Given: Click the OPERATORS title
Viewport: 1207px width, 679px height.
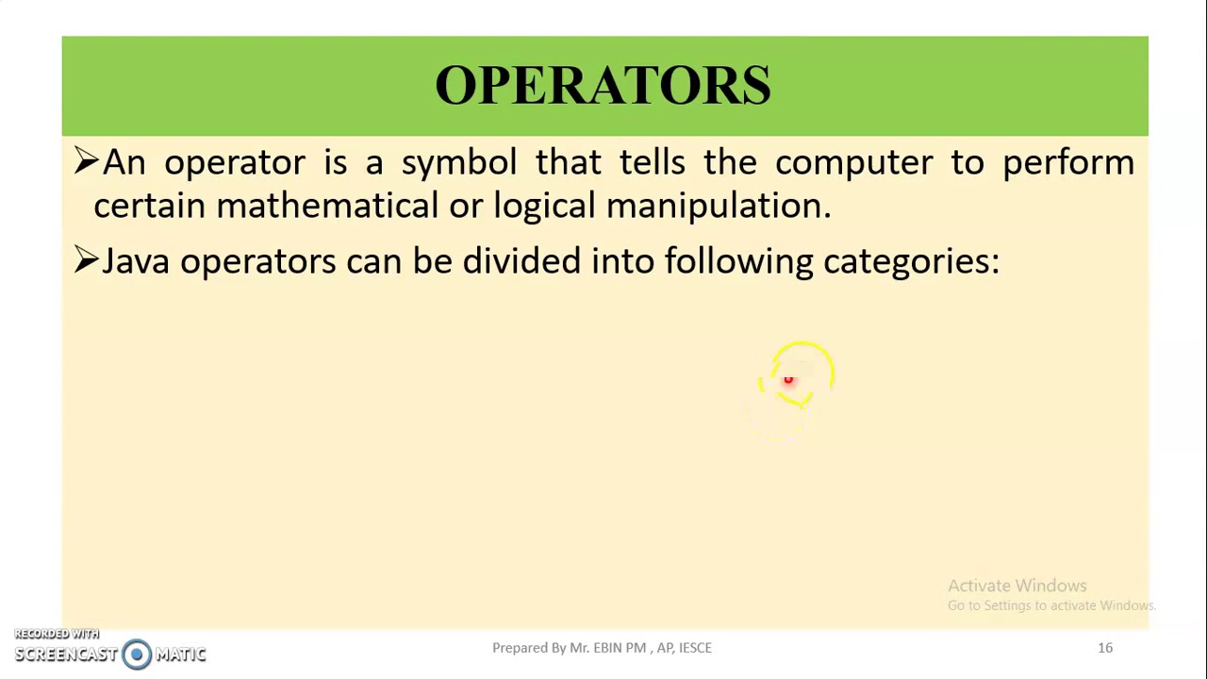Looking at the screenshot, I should [x=603, y=85].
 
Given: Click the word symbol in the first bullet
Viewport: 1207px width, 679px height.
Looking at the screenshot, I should [x=459, y=163].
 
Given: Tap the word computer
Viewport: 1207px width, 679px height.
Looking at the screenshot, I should [x=852, y=163].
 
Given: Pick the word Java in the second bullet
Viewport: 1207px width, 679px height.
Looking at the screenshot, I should [x=136, y=261].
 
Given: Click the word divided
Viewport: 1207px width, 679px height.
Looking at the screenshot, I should [x=521, y=261].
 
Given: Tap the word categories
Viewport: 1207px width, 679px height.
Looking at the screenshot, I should [x=910, y=262].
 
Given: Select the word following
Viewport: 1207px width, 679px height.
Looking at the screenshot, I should [x=737, y=261].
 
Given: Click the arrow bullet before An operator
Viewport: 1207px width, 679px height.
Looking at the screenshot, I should [x=86, y=161].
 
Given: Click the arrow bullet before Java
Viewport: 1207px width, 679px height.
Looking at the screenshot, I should [x=86, y=260].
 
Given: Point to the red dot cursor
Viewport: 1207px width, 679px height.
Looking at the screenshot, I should [x=788, y=380].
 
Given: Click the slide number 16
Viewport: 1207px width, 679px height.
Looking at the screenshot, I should [x=1105, y=648].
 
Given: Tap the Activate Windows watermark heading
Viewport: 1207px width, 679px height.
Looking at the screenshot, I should [x=1017, y=586].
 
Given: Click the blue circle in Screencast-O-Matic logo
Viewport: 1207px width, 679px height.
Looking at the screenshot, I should [x=137, y=654].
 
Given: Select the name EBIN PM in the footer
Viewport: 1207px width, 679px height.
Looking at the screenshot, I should [x=620, y=648].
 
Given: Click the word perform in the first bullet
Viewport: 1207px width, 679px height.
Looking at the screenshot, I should [x=1067, y=163].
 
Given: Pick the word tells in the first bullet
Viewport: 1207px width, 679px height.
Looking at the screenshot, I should [x=652, y=162].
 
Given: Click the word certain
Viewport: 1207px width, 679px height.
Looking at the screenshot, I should [x=149, y=206].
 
